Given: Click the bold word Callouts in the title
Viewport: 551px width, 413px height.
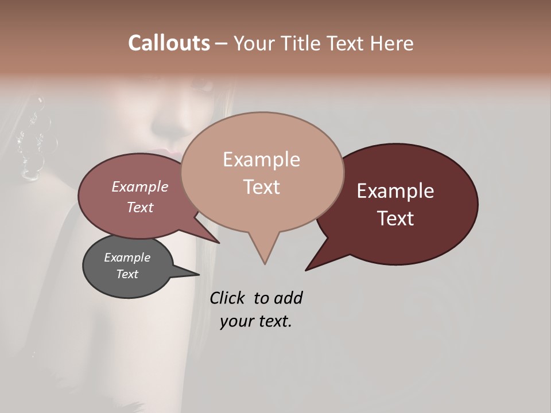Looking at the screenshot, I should (169, 43).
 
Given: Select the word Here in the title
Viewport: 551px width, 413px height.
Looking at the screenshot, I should (392, 43).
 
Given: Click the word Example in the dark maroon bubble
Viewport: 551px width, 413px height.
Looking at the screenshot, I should (395, 191).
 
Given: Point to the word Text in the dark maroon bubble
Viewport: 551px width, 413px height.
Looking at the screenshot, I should (395, 219).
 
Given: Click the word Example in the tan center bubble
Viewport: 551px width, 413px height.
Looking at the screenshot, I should (261, 159).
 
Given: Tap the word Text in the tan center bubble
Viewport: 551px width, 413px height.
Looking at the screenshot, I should (261, 187).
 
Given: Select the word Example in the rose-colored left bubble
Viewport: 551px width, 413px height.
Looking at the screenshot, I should (140, 186).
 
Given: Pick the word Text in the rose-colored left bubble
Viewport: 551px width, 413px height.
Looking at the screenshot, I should (140, 207).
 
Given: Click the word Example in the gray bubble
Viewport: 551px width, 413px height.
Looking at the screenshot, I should (127, 258).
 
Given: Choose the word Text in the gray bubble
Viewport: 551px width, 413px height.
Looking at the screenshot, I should (127, 274).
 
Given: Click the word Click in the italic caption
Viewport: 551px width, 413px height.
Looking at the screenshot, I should (228, 298).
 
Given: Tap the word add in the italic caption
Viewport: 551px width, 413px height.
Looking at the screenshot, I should (288, 298).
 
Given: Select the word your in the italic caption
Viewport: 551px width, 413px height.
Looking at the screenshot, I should (236, 321).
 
